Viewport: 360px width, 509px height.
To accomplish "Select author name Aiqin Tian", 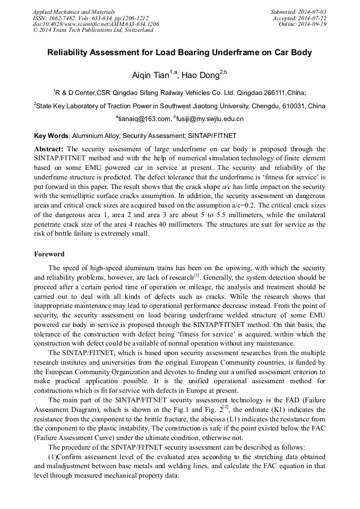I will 150,75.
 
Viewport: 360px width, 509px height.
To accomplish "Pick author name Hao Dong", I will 201,75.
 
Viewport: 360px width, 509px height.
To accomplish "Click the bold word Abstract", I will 49,149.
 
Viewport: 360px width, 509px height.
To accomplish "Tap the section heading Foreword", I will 49,254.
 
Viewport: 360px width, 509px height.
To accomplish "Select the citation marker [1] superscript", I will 197,275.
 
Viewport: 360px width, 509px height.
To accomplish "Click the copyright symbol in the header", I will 36,31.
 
